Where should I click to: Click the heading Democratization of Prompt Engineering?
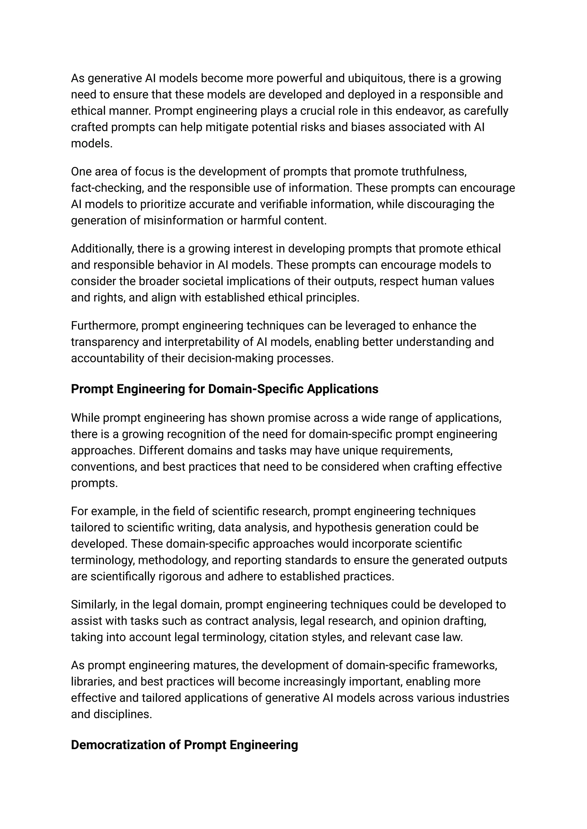click(x=184, y=745)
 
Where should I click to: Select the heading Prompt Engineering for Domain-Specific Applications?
click(x=224, y=389)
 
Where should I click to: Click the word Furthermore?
click(x=104, y=326)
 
